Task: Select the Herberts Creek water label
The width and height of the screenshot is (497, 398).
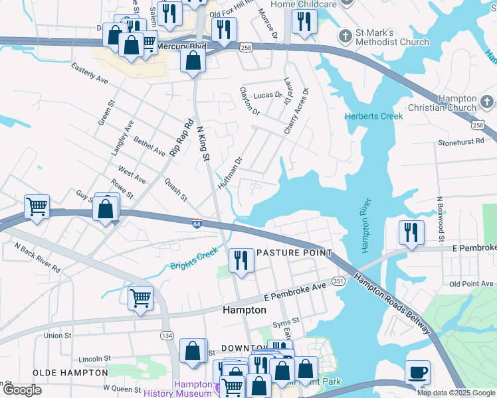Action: click(373, 117)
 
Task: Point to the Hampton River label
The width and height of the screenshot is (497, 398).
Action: click(365, 225)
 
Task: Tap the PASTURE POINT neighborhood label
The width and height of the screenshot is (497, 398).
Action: click(294, 253)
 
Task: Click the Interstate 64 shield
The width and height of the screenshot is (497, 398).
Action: click(197, 224)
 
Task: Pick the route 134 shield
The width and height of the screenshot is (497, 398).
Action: click(166, 336)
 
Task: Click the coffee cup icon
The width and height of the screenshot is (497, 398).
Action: click(417, 372)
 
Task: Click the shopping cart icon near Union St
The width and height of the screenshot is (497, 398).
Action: click(140, 298)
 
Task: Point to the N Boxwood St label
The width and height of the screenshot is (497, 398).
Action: click(439, 219)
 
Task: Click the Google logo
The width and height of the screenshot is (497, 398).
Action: click(23, 390)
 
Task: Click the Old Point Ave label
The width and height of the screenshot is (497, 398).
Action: click(471, 284)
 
